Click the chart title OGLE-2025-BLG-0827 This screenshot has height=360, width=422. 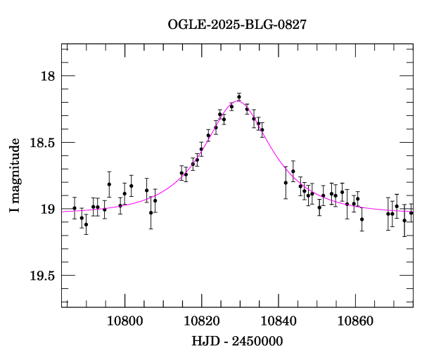tap(237, 24)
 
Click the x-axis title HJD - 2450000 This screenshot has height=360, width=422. tap(237, 342)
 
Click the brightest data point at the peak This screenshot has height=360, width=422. tap(239, 97)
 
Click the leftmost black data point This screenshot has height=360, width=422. tap(75, 208)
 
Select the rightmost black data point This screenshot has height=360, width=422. tap(411, 212)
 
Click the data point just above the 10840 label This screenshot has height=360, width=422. tap(286, 183)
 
